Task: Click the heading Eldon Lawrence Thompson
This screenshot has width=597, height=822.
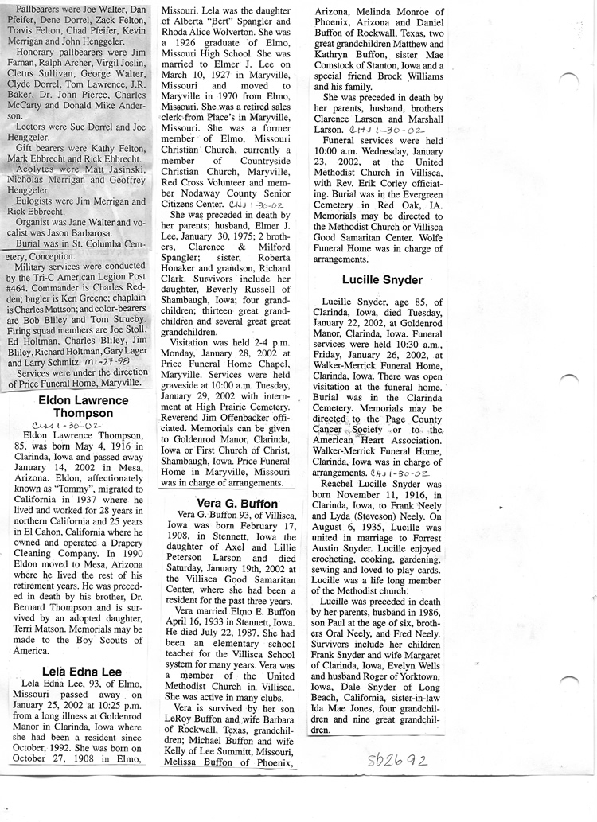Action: [x=83, y=407]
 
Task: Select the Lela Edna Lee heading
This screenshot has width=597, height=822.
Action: [x=82, y=671]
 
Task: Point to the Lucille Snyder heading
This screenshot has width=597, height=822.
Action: [x=382, y=280]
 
